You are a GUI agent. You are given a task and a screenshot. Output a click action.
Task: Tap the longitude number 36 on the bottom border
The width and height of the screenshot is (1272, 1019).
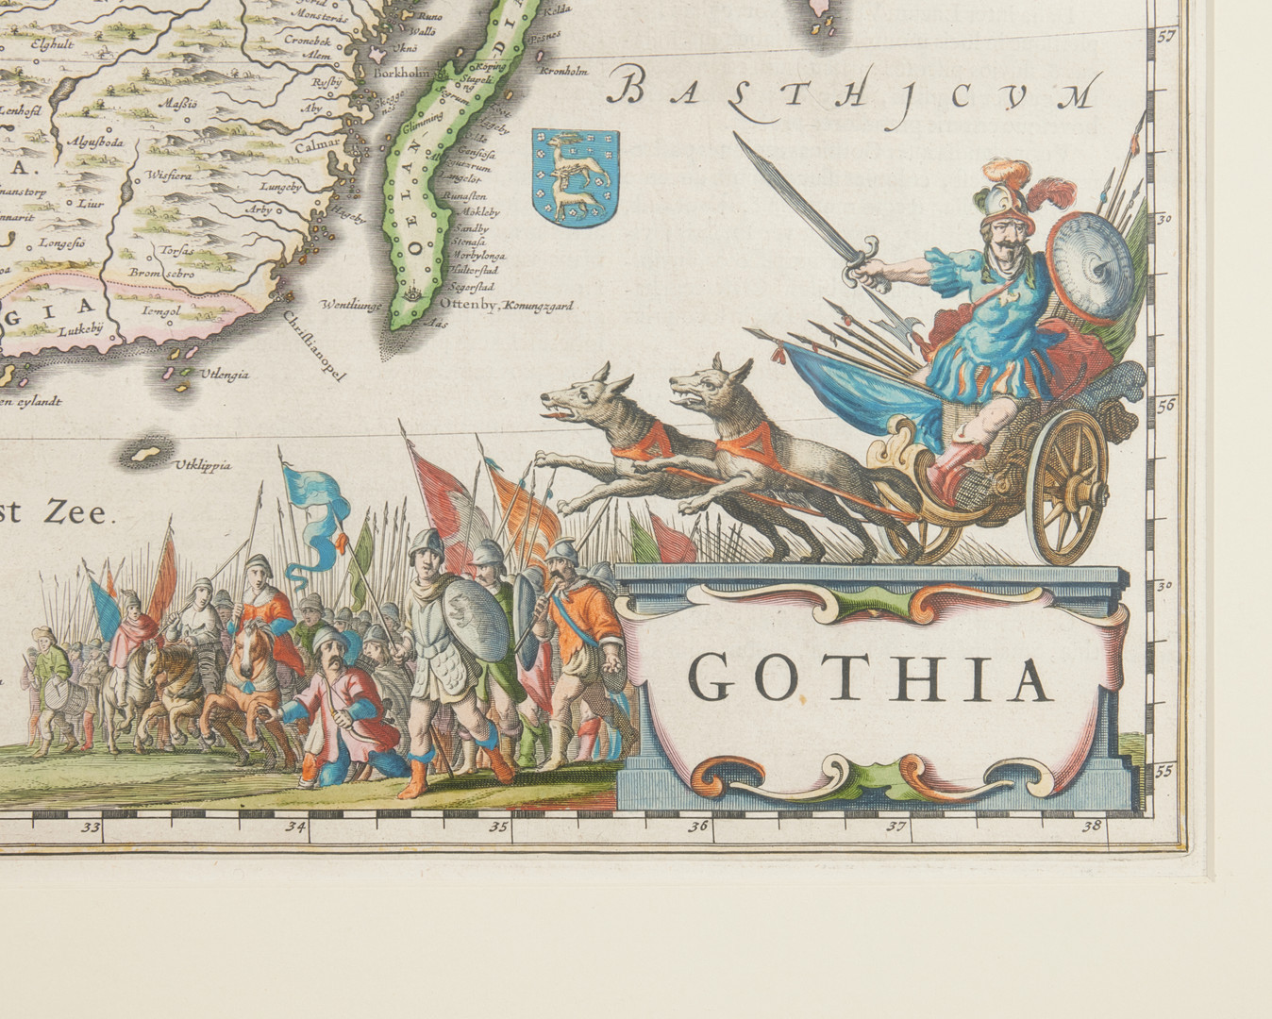pos(698,828)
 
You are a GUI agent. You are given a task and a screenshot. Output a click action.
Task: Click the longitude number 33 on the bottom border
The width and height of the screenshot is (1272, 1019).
pos(91,828)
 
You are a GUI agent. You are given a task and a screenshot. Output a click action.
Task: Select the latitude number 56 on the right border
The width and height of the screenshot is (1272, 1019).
pos(1165,407)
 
